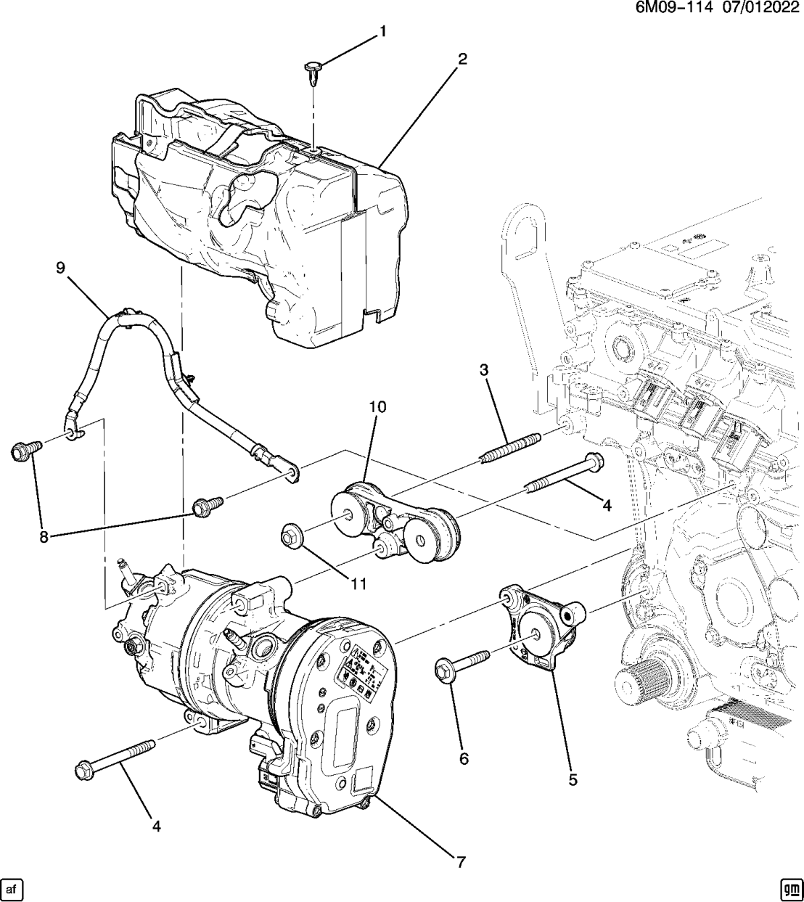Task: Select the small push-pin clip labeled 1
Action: pos(310,72)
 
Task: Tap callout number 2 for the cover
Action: pos(462,59)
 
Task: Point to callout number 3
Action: pos(483,371)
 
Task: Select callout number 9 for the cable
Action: pos(60,268)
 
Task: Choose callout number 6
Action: pos(464,759)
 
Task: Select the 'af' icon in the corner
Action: pos(12,888)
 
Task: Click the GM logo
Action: pos(790,888)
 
